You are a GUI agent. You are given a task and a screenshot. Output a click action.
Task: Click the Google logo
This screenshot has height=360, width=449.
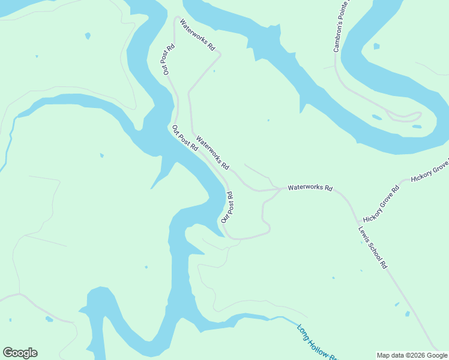coord(20,353)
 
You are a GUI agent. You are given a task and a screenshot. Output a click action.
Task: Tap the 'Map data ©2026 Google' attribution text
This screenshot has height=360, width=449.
coord(411,355)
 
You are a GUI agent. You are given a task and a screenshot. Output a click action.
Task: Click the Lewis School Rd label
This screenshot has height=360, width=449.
coord(373,247)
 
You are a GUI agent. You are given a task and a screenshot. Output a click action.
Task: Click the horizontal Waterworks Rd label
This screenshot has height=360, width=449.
coord(310,188)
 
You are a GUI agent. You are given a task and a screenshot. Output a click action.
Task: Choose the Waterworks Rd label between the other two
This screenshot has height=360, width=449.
coord(212,151)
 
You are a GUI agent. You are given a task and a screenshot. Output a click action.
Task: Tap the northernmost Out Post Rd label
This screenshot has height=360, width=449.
coord(168,59)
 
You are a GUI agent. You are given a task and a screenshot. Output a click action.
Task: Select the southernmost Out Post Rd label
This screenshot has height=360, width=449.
coord(227,208)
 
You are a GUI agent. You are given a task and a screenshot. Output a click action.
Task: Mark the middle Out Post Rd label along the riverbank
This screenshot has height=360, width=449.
coord(185,138)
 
